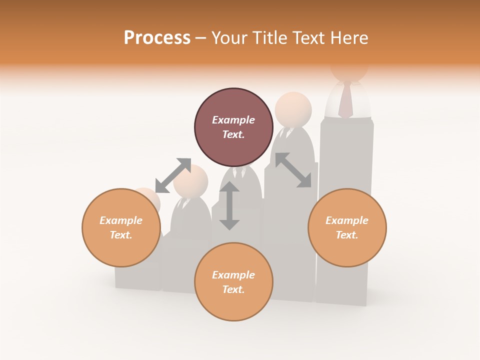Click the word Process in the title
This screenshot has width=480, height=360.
tap(157, 38)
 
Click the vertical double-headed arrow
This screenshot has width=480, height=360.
tap(229, 205)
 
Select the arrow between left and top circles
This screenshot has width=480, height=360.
tap(173, 175)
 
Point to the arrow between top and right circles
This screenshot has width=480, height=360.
tap(293, 170)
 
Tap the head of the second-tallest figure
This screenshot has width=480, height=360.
tap(293, 109)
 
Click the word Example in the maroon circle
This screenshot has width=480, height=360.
tap(233, 120)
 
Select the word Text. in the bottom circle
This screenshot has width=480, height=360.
tap(233, 289)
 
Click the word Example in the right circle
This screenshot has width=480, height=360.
tap(347, 220)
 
